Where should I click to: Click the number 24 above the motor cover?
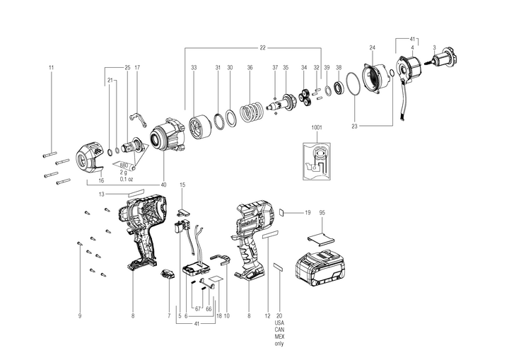pos(371,48)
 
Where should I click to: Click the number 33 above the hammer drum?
pos(193,67)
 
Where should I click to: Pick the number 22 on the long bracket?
pos(262,47)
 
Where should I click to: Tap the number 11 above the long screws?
pos(51,67)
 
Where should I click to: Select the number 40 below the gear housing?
pos(164,185)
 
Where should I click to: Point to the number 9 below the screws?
pos(80,315)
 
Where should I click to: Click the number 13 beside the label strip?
pos(102,194)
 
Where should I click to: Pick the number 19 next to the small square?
pos(308,212)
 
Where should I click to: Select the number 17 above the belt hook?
pos(137,67)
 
